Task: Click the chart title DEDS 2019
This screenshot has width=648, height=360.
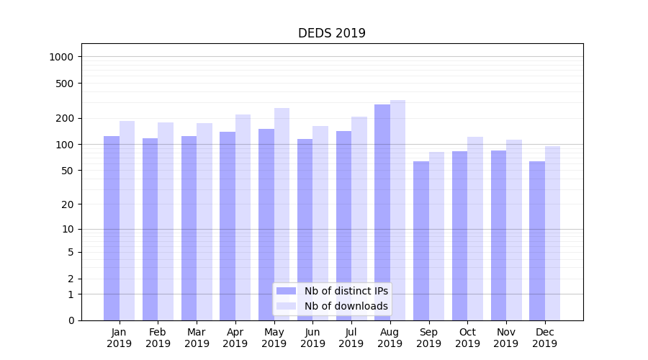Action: [332, 33]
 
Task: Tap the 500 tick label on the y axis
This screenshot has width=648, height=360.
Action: [66, 84]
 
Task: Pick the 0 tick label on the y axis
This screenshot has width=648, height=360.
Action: [71, 320]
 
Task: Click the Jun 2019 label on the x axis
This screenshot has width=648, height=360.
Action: [312, 338]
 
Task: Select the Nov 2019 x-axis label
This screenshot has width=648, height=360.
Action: [506, 338]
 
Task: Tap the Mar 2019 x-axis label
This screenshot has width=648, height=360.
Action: [197, 338]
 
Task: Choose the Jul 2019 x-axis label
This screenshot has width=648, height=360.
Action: [351, 338]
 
